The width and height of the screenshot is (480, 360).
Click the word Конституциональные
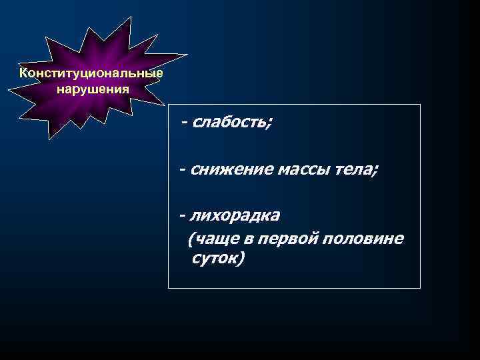(91, 73)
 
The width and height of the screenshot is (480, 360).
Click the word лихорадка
(235, 217)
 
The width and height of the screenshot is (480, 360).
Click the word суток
(215, 258)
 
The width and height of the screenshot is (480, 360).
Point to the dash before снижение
(182, 171)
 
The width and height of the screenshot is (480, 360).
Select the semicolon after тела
(375, 172)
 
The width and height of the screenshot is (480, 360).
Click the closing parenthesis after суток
(243, 259)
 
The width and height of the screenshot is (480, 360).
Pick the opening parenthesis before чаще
(192, 239)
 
